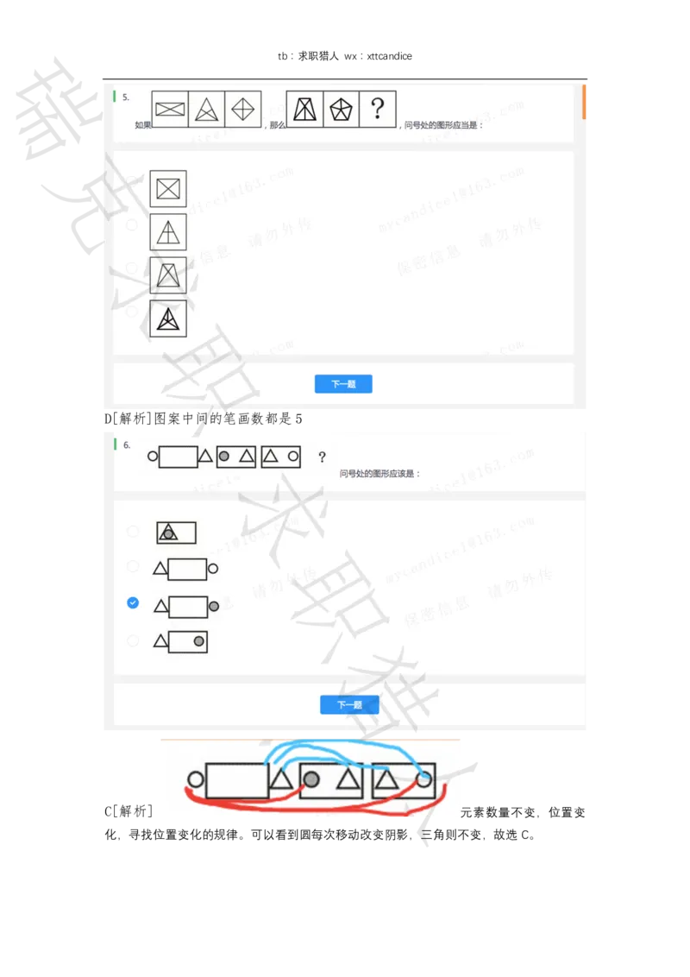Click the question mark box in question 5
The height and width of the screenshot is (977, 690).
point(377,109)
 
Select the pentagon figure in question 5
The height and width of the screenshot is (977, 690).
point(342,109)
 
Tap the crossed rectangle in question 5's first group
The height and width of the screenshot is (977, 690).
point(170,109)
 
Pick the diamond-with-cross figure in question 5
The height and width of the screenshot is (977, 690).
point(242,109)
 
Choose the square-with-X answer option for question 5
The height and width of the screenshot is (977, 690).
point(168,188)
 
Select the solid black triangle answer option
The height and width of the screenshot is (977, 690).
point(168,319)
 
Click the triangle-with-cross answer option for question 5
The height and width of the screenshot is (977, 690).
point(168,232)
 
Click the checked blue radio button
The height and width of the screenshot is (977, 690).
point(133,602)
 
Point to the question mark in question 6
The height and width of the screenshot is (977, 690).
point(322,457)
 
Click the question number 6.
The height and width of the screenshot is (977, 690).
point(127,445)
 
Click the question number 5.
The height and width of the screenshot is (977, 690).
point(126,98)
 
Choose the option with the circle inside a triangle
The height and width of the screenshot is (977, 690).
point(176,533)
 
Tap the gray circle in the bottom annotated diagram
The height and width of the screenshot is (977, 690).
point(311,780)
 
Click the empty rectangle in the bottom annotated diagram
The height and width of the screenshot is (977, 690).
point(237,780)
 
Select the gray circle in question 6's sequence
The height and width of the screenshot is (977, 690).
point(224,457)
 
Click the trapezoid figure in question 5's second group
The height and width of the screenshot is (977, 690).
point(304,109)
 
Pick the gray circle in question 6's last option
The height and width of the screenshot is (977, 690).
point(198,641)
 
